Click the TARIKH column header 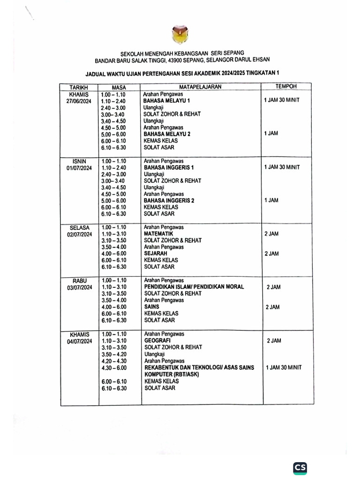pos(79,88)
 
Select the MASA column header pos(119,88)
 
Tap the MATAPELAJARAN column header pos(200,87)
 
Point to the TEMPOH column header pos(285,87)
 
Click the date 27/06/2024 pos(79,101)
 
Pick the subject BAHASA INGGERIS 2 pos(169,201)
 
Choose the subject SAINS pos(151,307)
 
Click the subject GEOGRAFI pos(157,341)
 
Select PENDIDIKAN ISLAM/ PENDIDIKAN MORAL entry pos(194,287)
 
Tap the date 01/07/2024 pos(79,167)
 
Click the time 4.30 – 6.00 pos(113,368)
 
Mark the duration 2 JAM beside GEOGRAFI pos(274,341)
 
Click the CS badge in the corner pos(300,468)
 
